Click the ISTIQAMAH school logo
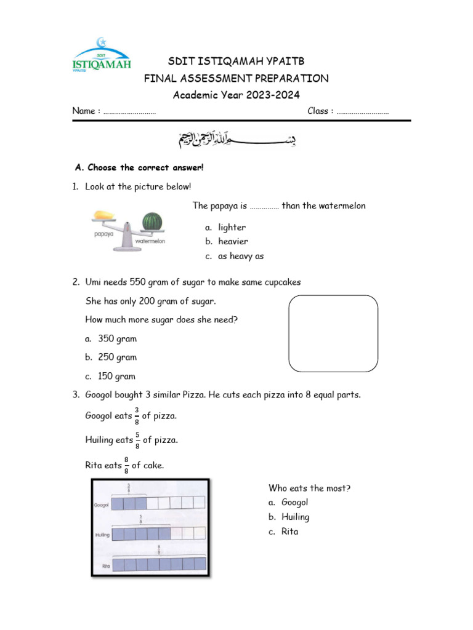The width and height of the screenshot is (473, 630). [x=102, y=56]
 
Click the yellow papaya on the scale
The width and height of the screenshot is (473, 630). [x=103, y=216]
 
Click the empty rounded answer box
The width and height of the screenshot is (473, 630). [x=333, y=333]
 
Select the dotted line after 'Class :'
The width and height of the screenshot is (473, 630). [x=363, y=112]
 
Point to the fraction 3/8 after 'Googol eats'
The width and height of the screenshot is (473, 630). [x=137, y=416]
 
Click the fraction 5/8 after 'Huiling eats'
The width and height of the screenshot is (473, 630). [x=137, y=440]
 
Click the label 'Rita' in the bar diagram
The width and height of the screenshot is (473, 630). [x=106, y=566]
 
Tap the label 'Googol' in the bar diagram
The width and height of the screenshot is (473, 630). [x=102, y=504]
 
